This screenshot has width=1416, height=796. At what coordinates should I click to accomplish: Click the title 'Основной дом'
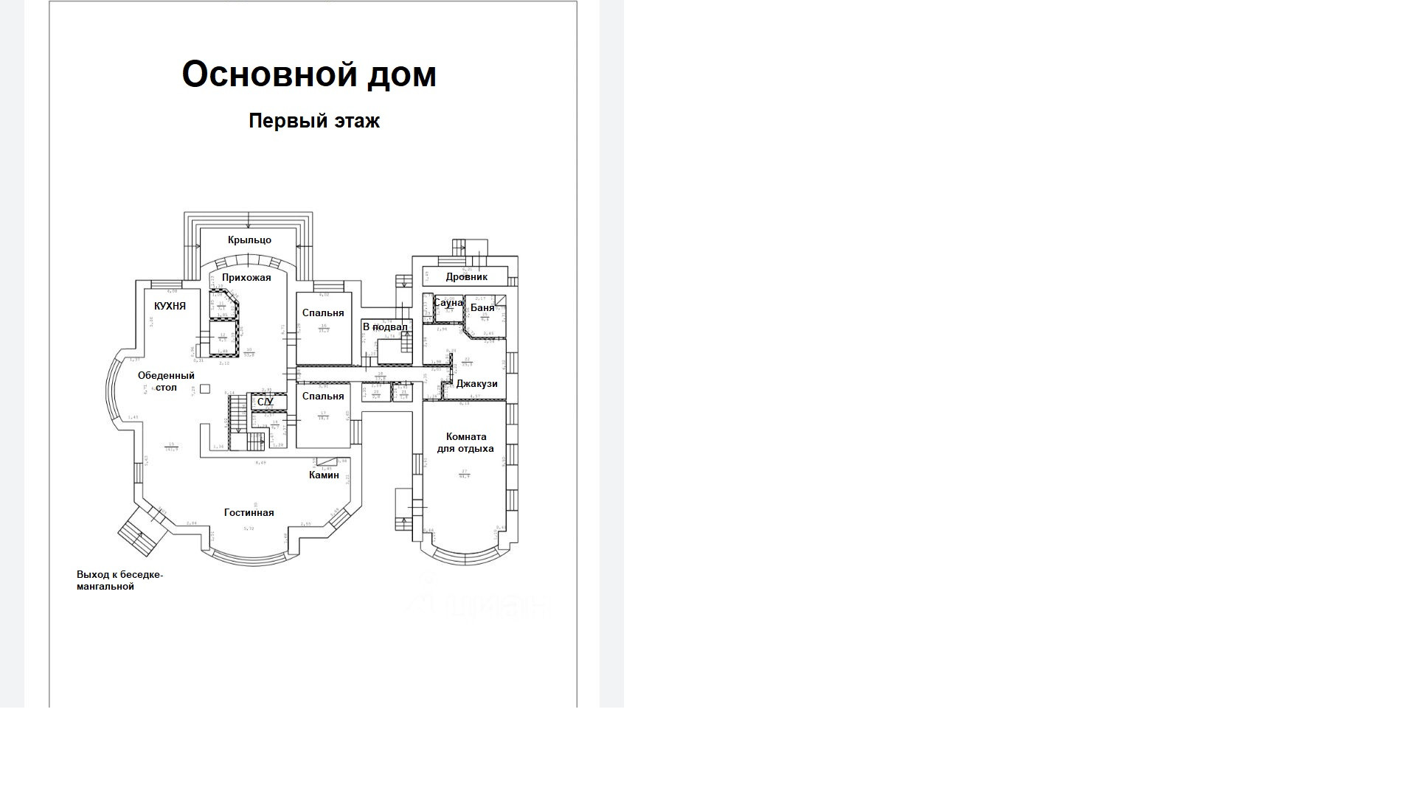[x=309, y=74]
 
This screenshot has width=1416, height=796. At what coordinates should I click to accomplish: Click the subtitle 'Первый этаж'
[x=314, y=121]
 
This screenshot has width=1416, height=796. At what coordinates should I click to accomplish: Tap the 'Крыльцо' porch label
[x=249, y=240]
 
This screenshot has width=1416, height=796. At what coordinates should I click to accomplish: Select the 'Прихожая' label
[x=246, y=278]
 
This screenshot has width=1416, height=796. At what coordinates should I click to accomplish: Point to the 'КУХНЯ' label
[x=170, y=306]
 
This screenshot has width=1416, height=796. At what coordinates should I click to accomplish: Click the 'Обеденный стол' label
[x=166, y=382]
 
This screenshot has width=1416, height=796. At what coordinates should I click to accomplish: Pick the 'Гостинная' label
[x=249, y=513]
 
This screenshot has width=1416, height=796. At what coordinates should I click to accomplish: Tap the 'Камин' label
[x=324, y=475]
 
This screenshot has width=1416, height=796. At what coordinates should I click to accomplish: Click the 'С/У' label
[x=265, y=402]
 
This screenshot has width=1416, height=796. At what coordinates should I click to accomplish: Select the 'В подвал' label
[x=385, y=327]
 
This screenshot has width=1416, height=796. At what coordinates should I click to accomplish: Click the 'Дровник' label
[x=467, y=277]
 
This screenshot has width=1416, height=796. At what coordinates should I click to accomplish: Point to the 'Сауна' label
[x=448, y=303]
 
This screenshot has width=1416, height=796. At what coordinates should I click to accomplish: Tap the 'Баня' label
[x=482, y=308]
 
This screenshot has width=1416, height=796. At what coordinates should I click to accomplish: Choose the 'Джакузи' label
[x=476, y=384]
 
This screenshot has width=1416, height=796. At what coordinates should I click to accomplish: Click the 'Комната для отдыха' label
[x=465, y=443]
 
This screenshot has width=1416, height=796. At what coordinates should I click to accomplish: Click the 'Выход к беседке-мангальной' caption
[x=119, y=581]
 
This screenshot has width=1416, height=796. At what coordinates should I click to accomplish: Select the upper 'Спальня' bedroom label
[x=323, y=313]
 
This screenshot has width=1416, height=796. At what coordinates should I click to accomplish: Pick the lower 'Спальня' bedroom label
[x=323, y=397]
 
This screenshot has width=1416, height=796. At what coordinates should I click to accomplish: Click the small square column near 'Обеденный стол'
[x=205, y=389]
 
